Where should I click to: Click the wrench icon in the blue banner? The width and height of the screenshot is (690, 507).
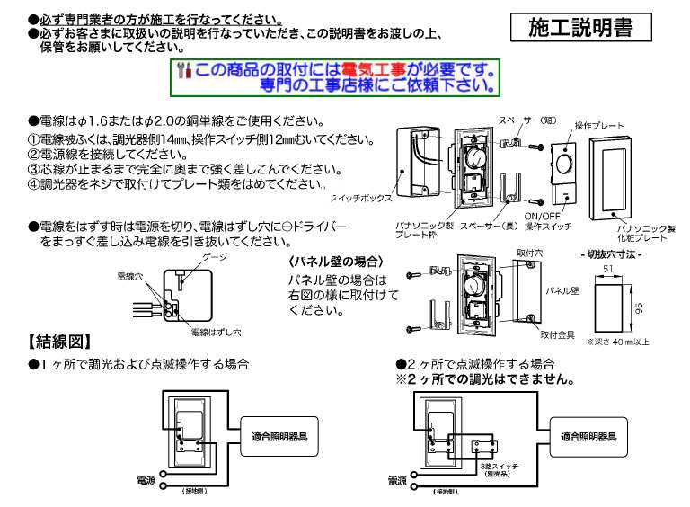184,69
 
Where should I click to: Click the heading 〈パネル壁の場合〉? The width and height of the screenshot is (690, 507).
333,262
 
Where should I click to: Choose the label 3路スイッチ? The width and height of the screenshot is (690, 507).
498,468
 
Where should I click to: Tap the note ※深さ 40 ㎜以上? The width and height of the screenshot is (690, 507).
617,342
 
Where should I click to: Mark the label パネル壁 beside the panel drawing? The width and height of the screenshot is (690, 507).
561,290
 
